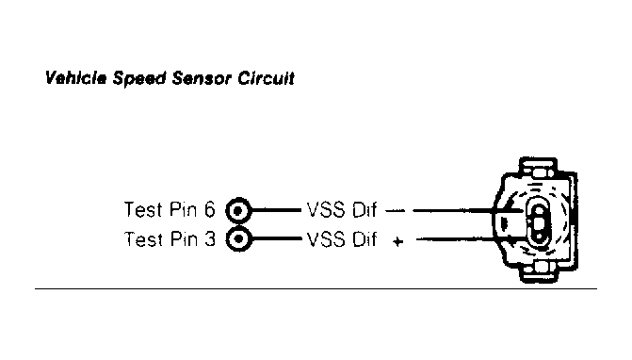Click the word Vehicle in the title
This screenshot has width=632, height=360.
click(x=76, y=79)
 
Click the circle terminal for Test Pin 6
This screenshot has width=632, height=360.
click(x=239, y=208)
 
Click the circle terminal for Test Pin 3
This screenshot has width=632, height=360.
click(x=239, y=238)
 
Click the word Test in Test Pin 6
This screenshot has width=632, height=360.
click(x=141, y=208)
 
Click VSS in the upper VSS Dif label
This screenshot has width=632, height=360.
click(x=322, y=208)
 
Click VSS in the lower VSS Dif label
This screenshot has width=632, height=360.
click(x=322, y=238)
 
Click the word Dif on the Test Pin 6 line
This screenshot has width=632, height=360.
click(x=364, y=208)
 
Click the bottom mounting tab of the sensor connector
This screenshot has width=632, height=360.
click(x=542, y=275)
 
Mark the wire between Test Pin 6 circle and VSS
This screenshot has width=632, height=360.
click(x=275, y=208)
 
